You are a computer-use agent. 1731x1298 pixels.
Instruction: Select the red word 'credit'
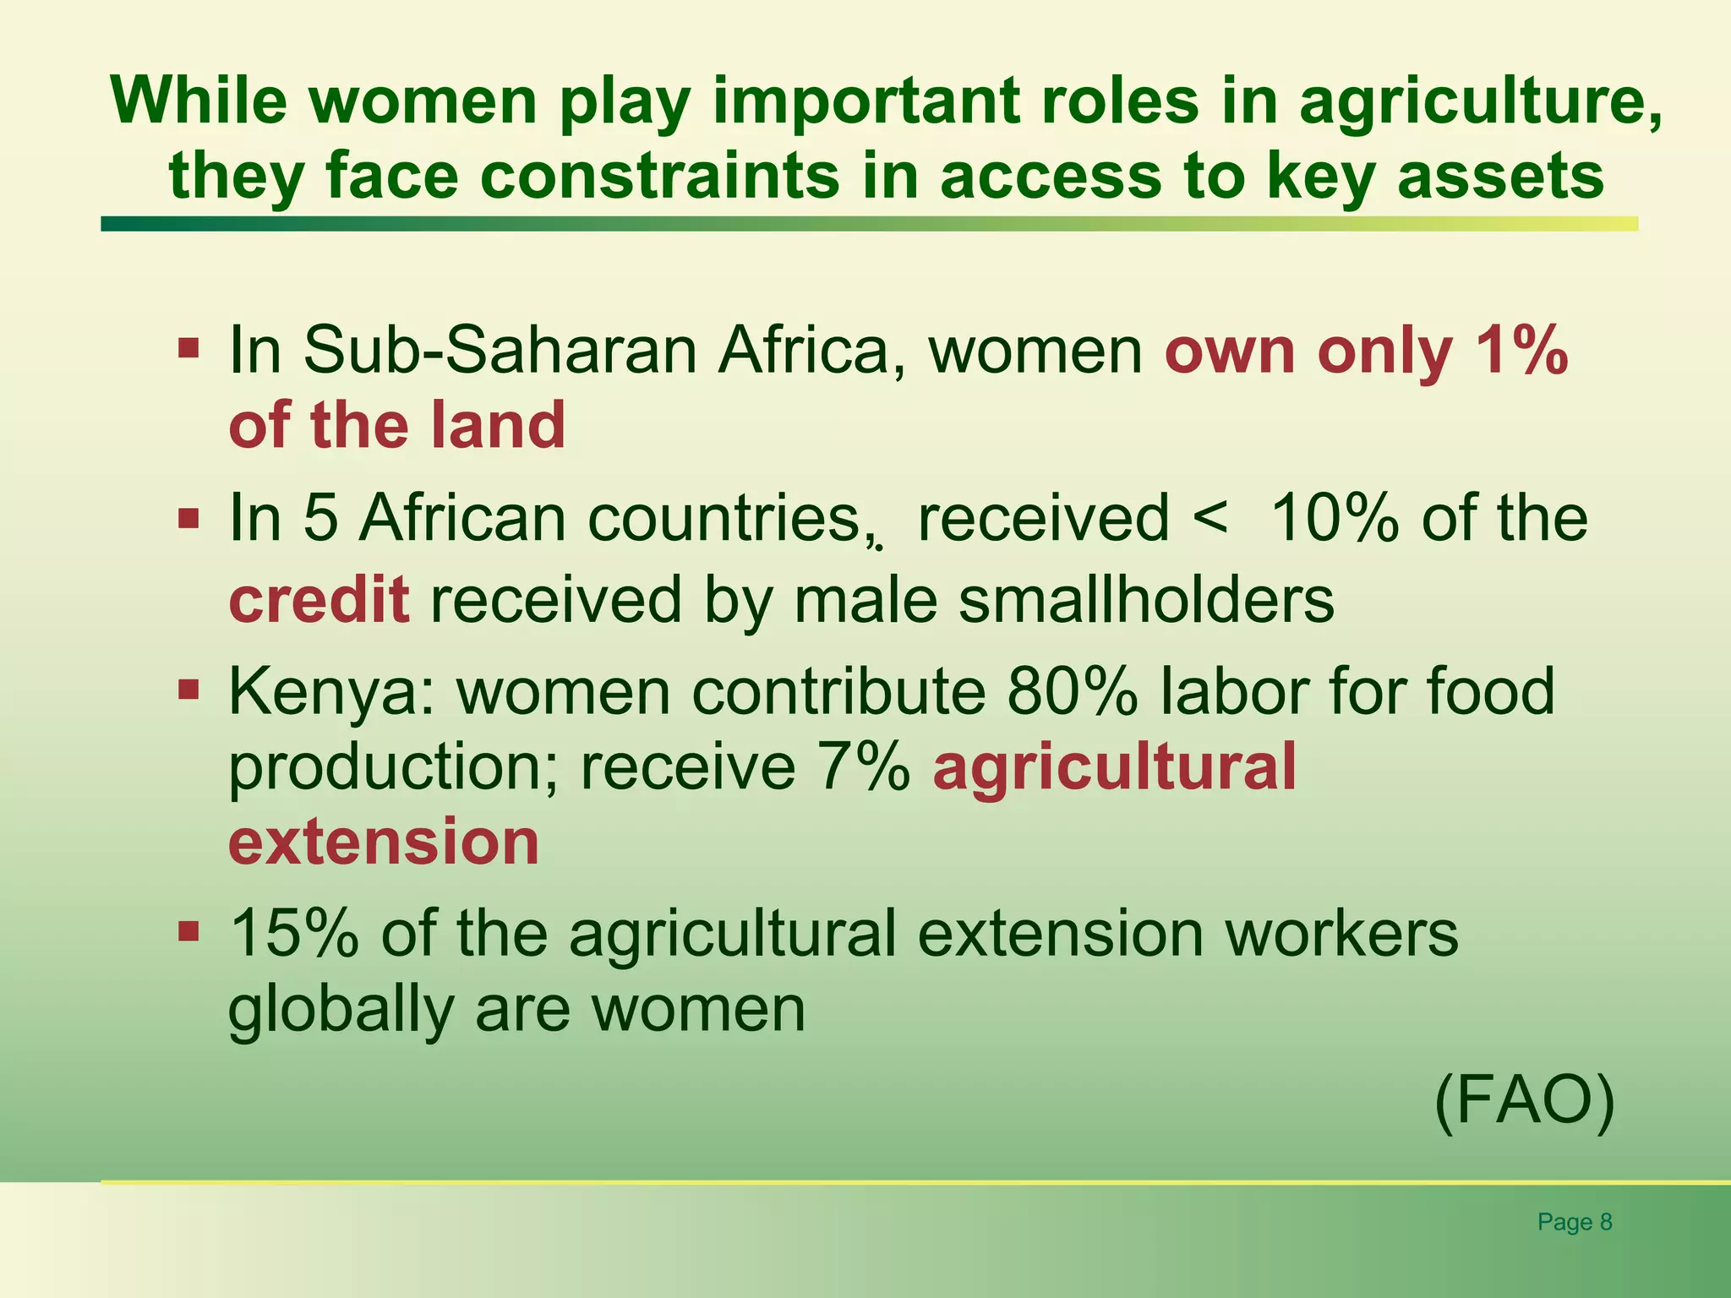(319, 599)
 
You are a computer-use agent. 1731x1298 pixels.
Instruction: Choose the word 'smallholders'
(1147, 599)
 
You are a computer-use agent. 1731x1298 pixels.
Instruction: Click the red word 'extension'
(384, 842)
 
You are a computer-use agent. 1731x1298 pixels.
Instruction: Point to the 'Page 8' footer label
(1575, 1222)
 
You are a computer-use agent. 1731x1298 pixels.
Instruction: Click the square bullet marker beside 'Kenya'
(188, 690)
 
